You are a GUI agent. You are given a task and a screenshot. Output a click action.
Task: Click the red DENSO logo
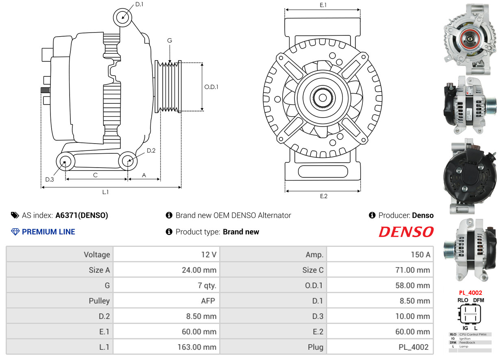tap(406, 232)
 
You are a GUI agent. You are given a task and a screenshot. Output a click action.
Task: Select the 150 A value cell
tap(420, 255)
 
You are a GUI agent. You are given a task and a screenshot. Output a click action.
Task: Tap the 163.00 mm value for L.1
tap(197, 347)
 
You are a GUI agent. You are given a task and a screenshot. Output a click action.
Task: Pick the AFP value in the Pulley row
tap(208, 301)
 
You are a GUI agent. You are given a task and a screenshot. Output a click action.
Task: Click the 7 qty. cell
tap(207, 286)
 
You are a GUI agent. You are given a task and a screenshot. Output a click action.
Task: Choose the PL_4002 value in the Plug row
tap(413, 347)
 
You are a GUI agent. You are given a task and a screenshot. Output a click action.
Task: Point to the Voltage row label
tap(97, 255)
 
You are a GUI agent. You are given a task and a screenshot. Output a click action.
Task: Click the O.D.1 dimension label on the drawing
tap(211, 87)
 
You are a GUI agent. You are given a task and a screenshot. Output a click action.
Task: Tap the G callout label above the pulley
tap(170, 41)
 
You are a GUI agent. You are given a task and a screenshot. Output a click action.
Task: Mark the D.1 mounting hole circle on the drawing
tap(122, 17)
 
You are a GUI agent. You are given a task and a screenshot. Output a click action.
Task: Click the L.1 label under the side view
tap(105, 192)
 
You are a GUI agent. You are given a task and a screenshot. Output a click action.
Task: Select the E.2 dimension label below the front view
tap(323, 196)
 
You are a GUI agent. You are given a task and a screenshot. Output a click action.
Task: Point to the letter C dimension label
tap(95, 175)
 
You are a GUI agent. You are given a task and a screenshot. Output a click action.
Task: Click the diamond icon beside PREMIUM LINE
tap(15, 232)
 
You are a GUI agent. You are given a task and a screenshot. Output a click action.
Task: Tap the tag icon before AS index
tap(15, 215)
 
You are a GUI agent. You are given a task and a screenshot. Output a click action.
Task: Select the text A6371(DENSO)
tap(82, 215)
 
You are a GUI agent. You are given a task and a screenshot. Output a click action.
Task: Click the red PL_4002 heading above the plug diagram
tap(471, 292)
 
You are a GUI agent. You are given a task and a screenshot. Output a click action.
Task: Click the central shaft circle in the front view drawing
tap(322, 98)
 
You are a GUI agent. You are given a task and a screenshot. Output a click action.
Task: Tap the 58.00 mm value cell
tap(413, 286)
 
